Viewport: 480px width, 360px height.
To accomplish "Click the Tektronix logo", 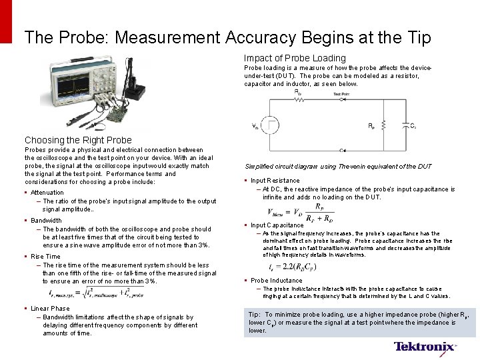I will tap(425, 347).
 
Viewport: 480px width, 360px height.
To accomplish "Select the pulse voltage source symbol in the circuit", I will tap(272, 125).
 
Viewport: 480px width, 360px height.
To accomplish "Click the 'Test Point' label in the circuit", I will tap(341, 94).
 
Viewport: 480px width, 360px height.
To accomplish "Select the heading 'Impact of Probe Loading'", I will tap(295, 59).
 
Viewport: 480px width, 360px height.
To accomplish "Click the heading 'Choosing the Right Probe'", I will tap(78, 140).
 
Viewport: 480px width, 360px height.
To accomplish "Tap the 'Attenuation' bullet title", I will tap(47, 193).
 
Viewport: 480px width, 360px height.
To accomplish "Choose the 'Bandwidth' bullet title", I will tap(46, 221).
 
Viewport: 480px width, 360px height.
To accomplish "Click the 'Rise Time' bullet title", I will tap(45, 257).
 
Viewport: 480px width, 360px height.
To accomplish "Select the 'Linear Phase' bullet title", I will tap(50, 309).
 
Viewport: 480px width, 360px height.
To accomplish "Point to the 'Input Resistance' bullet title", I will tap(275, 181).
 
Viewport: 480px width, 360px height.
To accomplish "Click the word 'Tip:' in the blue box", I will tap(255, 314).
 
